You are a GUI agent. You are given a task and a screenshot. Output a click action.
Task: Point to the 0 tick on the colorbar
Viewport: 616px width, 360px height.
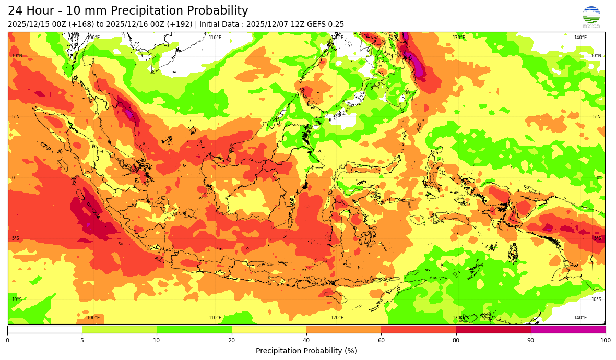point(7,341)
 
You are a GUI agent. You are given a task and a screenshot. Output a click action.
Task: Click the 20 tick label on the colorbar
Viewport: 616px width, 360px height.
point(231,341)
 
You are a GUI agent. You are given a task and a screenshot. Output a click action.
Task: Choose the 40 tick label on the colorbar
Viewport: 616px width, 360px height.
point(306,341)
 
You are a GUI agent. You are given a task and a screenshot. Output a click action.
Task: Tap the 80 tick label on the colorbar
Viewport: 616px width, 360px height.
point(456,341)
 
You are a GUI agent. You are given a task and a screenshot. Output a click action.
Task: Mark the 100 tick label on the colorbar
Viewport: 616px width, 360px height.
point(605,341)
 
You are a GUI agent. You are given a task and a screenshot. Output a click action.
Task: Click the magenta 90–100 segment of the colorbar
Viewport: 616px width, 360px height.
point(568,329)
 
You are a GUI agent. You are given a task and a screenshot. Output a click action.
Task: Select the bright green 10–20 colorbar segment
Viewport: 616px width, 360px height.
point(194,329)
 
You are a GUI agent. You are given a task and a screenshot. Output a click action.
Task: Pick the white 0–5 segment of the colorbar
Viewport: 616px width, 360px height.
point(44,329)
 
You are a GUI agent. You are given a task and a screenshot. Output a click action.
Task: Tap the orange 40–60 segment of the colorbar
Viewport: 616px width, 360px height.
point(343,329)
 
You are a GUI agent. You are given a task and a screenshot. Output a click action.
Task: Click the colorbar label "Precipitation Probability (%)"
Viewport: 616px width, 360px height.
point(306,351)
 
